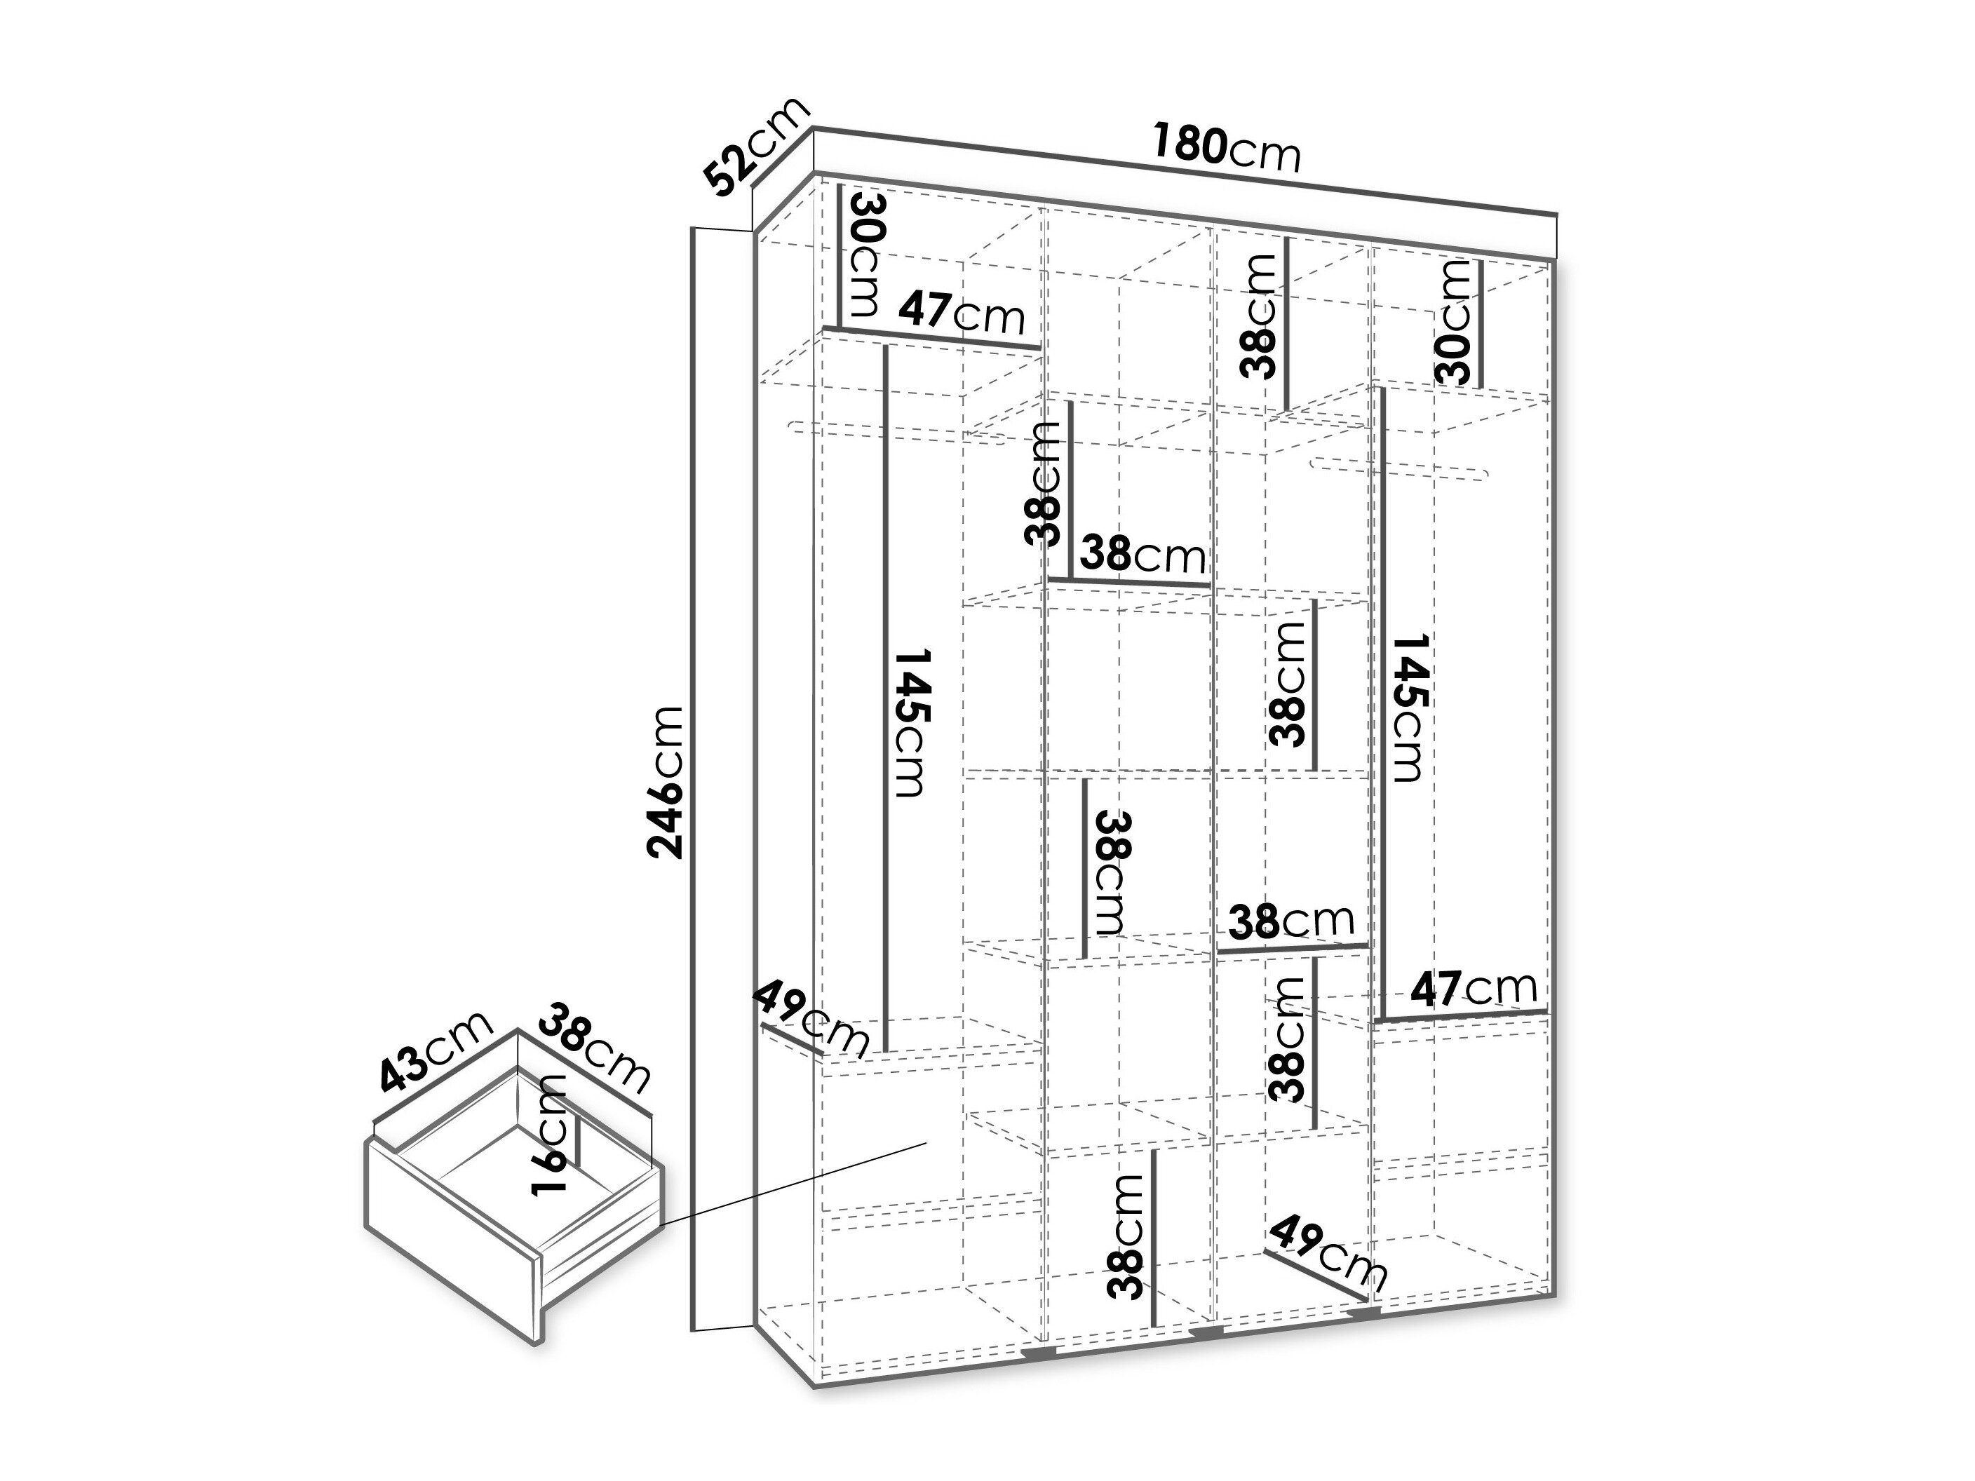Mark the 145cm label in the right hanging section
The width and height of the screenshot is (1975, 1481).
click(1409, 708)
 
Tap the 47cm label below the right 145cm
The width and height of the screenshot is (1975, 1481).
click(1474, 987)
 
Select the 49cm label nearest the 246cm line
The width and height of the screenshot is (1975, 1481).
click(811, 1020)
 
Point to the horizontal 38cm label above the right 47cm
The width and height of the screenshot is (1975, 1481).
click(1291, 921)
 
